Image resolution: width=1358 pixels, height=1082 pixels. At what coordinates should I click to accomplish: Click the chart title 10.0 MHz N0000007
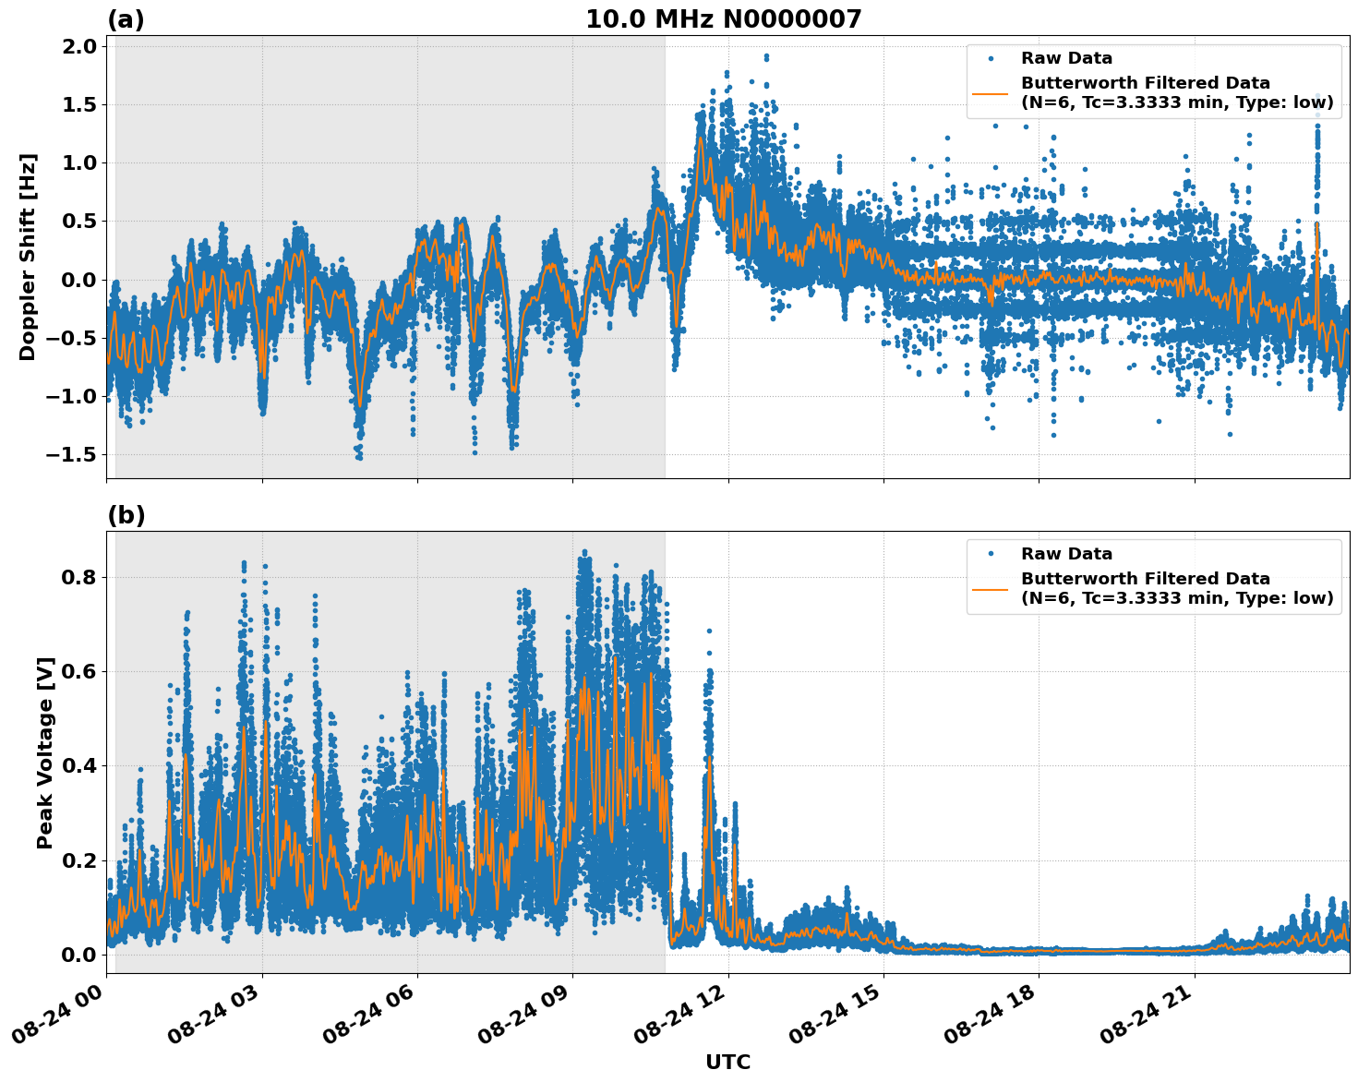[x=723, y=19]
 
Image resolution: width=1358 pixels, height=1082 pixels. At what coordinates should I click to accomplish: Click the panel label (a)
[x=126, y=19]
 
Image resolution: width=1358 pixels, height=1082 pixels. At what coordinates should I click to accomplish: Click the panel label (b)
[x=126, y=515]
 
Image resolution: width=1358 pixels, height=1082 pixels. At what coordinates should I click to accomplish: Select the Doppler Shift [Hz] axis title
[x=28, y=257]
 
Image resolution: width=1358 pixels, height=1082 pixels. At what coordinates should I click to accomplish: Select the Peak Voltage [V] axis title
[x=45, y=752]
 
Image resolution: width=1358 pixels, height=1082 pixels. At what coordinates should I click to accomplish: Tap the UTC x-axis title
[x=727, y=1062]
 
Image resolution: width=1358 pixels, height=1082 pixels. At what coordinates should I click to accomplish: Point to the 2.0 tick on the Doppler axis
[x=80, y=47]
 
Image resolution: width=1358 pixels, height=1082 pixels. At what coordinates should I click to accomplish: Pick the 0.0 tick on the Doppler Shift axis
[x=80, y=280]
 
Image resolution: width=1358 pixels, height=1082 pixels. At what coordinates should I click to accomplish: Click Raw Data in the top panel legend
[x=1066, y=58]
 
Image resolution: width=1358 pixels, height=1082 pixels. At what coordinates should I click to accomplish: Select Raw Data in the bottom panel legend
[x=1066, y=554]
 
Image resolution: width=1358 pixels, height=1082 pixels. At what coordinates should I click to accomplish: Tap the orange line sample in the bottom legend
[x=991, y=588]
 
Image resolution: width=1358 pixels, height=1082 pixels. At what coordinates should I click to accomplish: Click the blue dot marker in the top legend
[x=991, y=58]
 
